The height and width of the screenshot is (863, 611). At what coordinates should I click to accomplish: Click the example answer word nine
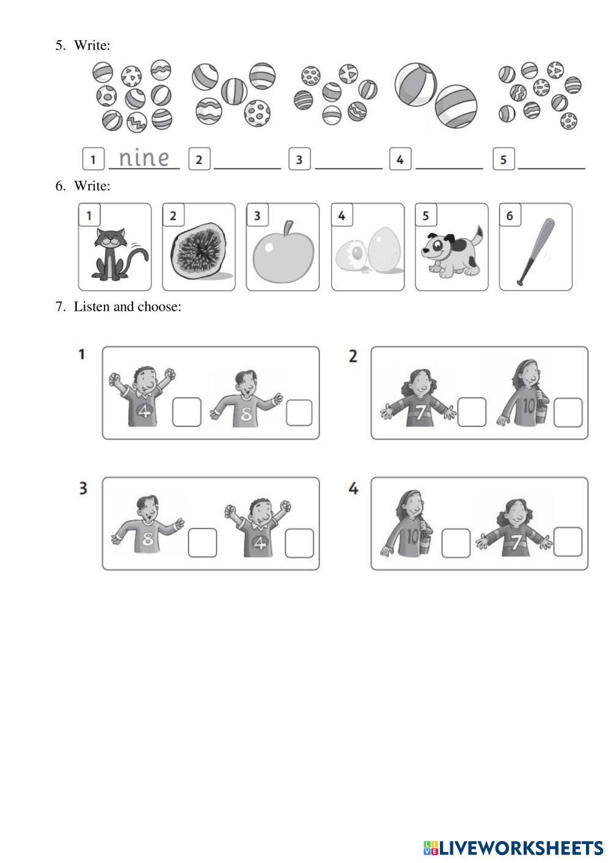tap(144, 157)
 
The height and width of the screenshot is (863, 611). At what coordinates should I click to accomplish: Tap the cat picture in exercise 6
tap(120, 254)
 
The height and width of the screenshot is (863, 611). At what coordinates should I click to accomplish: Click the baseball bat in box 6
tap(536, 252)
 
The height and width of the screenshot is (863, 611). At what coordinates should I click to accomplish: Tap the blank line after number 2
tap(247, 168)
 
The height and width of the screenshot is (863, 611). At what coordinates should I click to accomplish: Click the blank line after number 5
tap(551, 168)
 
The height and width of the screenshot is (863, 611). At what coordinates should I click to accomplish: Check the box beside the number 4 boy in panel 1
tap(187, 412)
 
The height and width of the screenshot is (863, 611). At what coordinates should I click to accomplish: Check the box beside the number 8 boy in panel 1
tap(299, 413)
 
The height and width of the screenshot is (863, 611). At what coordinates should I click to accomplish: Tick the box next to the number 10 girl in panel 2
tap(568, 413)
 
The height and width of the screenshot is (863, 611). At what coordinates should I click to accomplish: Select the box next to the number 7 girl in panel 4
tap(568, 542)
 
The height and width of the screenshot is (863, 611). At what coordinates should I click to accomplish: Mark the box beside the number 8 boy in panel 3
tap(202, 543)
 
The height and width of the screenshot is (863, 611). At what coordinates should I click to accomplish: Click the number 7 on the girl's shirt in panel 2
tap(420, 412)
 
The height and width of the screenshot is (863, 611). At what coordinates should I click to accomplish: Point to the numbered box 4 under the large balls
tap(400, 159)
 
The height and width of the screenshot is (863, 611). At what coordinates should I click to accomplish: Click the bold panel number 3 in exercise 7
tap(83, 488)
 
